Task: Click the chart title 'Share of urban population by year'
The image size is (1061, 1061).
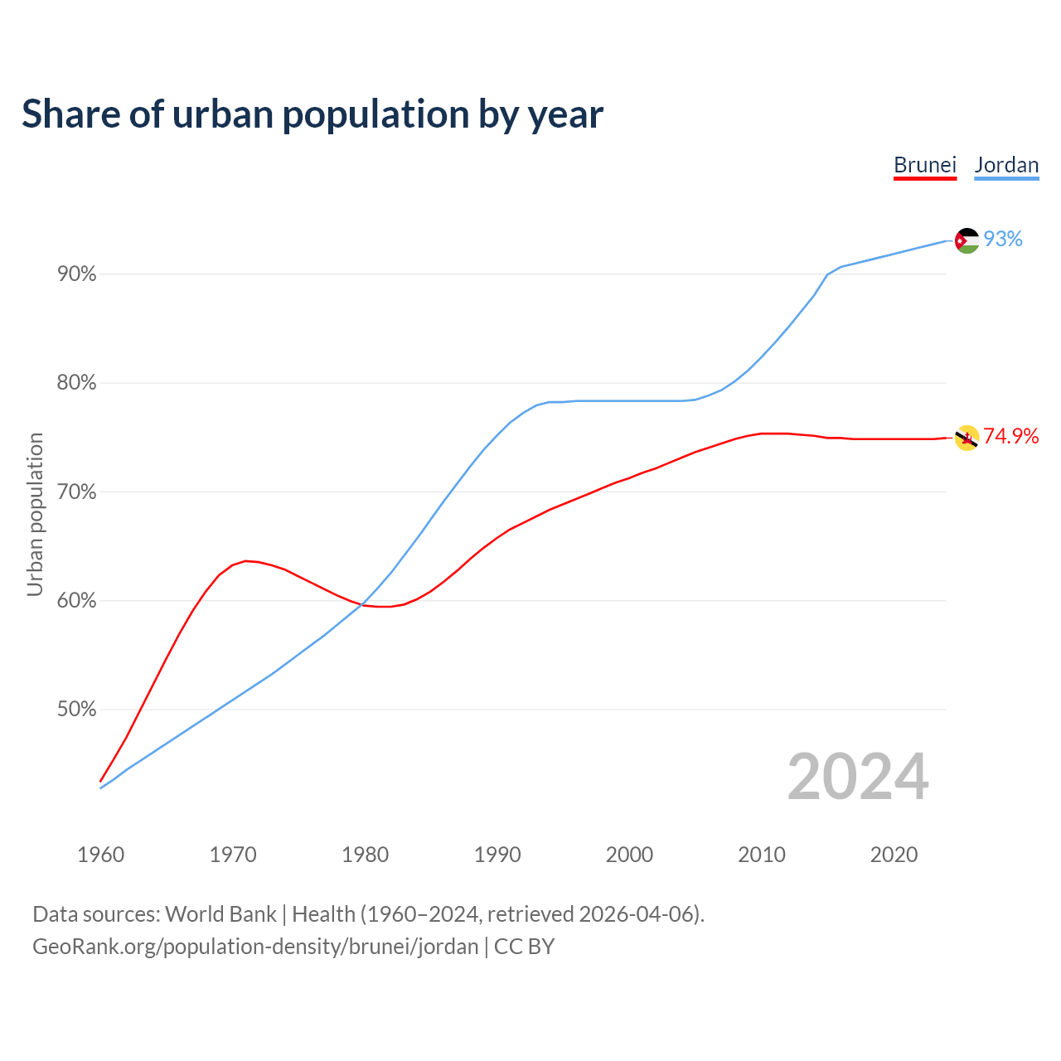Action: click(x=312, y=114)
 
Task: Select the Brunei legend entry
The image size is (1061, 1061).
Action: click(x=925, y=165)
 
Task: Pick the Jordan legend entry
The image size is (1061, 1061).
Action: click(x=1006, y=165)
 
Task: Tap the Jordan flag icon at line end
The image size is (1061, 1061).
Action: click(x=967, y=240)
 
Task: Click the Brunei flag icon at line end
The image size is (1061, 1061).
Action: click(x=967, y=438)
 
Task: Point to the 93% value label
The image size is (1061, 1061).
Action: click(x=1003, y=240)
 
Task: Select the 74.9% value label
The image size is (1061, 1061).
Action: click(x=1010, y=437)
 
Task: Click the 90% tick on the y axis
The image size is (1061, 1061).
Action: click(x=76, y=274)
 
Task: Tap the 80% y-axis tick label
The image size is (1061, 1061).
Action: click(x=76, y=383)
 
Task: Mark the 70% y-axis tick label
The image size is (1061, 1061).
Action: click(x=76, y=492)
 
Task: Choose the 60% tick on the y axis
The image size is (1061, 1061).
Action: click(x=76, y=601)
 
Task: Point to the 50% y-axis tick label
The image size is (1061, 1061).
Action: click(x=76, y=710)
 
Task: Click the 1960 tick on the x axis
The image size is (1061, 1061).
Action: click(x=101, y=855)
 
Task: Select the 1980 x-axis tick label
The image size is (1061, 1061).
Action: click(x=366, y=855)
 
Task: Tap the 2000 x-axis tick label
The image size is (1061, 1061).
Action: click(x=630, y=855)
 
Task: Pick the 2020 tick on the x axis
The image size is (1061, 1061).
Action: click(x=894, y=855)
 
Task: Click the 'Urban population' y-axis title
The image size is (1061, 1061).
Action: click(x=35, y=514)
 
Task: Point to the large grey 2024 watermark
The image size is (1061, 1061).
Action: click(x=858, y=778)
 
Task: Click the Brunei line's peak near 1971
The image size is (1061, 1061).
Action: click(x=245, y=561)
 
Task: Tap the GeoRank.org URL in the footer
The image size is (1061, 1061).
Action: click(x=255, y=947)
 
